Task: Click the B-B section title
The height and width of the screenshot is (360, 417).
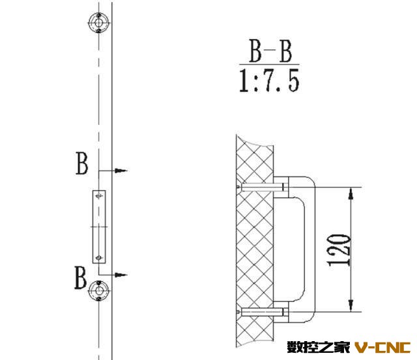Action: click(x=270, y=51)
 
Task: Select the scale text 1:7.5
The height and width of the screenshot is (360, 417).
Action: click(x=269, y=81)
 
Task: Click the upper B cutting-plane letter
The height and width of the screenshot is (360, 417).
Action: click(x=81, y=163)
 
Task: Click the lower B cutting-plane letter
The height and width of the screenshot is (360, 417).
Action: click(x=80, y=277)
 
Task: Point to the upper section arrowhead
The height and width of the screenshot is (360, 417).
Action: click(x=121, y=171)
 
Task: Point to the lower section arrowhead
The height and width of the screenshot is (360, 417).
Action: click(x=121, y=275)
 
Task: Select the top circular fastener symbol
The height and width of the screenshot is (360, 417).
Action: click(x=98, y=23)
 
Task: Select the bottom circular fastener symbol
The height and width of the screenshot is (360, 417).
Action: click(x=98, y=290)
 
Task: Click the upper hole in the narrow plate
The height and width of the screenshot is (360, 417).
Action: click(x=99, y=196)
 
